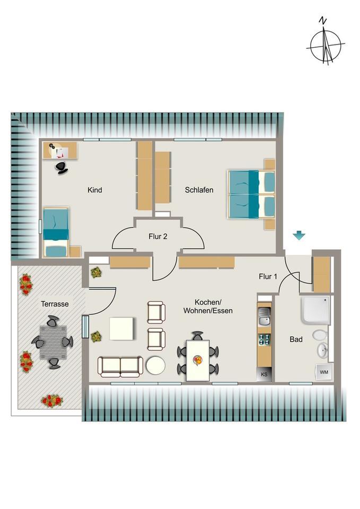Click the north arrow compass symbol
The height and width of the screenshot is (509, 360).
pyautogui.click(x=324, y=45)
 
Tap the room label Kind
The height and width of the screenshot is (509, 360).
pyautogui.click(x=95, y=190)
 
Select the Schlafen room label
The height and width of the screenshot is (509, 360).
pyautogui.click(x=199, y=190)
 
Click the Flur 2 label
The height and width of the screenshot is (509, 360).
pyautogui.click(x=158, y=236)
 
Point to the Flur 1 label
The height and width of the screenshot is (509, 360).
pyautogui.click(x=268, y=276)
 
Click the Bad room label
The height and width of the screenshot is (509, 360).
pyautogui.click(x=296, y=339)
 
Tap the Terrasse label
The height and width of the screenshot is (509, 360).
pyautogui.click(x=55, y=304)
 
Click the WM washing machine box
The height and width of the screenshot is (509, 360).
pyautogui.click(x=323, y=373)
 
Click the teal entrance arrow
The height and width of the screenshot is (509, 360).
pyautogui.click(x=299, y=235)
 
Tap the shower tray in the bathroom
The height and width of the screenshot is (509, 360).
pyautogui.click(x=315, y=309)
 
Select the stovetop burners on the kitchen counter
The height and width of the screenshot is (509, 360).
pyautogui.click(x=264, y=338)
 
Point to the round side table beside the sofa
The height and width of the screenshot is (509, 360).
pyautogui.click(x=155, y=365)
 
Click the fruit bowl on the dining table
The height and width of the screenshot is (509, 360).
pyautogui.click(x=198, y=361)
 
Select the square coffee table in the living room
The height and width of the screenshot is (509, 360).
pyautogui.click(x=122, y=328)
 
